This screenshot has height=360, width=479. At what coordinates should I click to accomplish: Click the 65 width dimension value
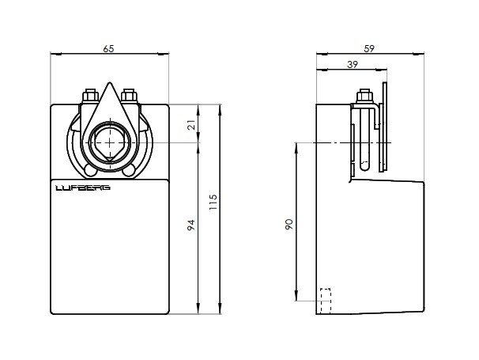[x=108, y=48]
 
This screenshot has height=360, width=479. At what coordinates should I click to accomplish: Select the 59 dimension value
[x=369, y=48]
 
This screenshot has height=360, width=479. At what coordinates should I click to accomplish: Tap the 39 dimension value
[x=353, y=65]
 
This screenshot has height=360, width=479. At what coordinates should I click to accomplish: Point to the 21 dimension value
[x=191, y=125]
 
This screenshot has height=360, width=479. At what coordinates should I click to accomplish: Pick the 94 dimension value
[x=190, y=225]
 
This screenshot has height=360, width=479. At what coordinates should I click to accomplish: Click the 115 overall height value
[x=213, y=202]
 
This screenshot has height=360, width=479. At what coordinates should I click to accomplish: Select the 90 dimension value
[x=289, y=224]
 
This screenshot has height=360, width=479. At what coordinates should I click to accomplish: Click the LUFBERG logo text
[x=83, y=188]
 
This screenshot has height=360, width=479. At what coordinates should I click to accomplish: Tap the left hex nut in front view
[x=90, y=96]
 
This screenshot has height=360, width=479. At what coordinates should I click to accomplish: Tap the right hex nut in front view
[x=129, y=96]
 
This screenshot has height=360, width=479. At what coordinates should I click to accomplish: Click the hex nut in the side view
[x=364, y=96]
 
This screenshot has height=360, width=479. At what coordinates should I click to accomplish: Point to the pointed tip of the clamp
[x=109, y=82]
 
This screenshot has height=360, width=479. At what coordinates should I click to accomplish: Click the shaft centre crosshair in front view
[x=109, y=143]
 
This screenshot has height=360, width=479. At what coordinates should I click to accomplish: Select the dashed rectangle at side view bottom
[x=326, y=301]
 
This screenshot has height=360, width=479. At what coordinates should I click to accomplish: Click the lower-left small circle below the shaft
[x=90, y=170]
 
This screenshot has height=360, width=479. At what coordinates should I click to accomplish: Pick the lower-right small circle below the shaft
[x=129, y=170]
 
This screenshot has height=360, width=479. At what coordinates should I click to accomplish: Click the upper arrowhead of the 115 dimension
[x=220, y=109]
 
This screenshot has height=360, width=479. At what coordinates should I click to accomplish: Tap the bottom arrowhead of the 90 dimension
[x=296, y=296]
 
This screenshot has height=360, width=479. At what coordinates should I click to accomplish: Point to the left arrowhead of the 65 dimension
[x=56, y=54]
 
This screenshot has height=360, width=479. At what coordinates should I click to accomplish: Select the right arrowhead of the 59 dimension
[x=418, y=54]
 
